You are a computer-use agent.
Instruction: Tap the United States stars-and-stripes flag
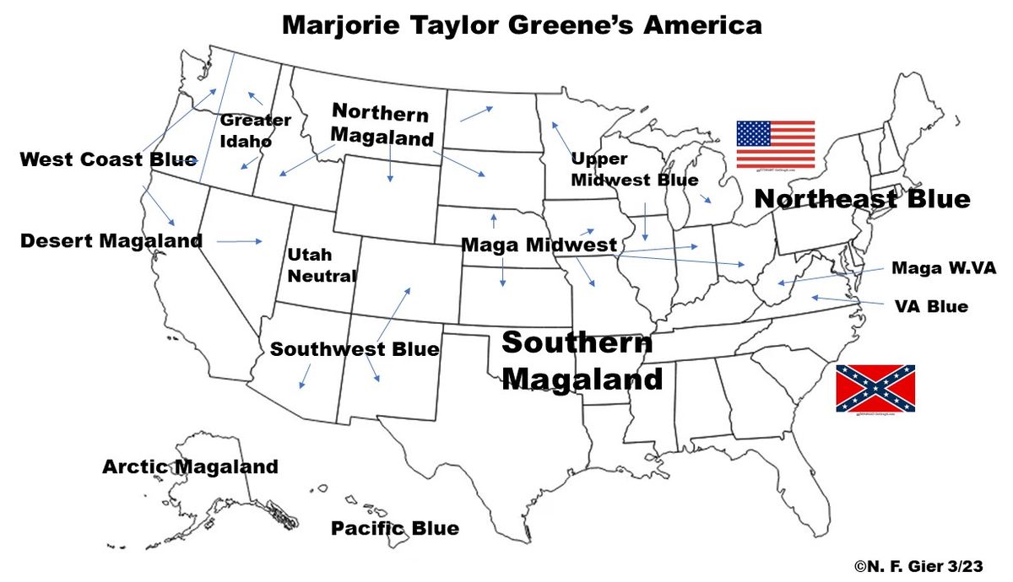point(775,144)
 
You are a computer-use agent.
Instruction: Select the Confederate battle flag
point(875,388)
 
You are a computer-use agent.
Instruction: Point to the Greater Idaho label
point(255,131)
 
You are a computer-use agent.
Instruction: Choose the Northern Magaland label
point(382,125)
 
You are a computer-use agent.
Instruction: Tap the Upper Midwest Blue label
point(635,170)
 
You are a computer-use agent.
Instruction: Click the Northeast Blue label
point(861,199)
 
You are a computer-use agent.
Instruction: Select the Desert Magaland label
point(111,241)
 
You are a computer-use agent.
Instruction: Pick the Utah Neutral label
point(321,265)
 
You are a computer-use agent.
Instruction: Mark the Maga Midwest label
point(539,245)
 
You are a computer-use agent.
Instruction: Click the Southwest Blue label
point(355,349)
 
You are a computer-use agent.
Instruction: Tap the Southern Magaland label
point(581,360)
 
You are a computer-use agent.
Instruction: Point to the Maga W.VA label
point(944,268)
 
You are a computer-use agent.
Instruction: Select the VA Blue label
point(931,306)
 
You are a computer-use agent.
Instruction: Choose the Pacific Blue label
point(395,529)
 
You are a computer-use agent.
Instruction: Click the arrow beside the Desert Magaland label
point(240,242)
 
